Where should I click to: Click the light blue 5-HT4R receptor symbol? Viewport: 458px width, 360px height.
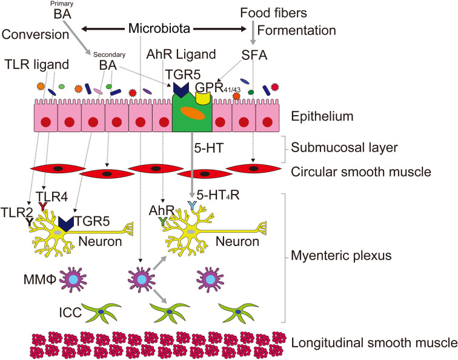click(191, 205)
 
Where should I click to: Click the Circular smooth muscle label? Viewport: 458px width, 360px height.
click(360, 172)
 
